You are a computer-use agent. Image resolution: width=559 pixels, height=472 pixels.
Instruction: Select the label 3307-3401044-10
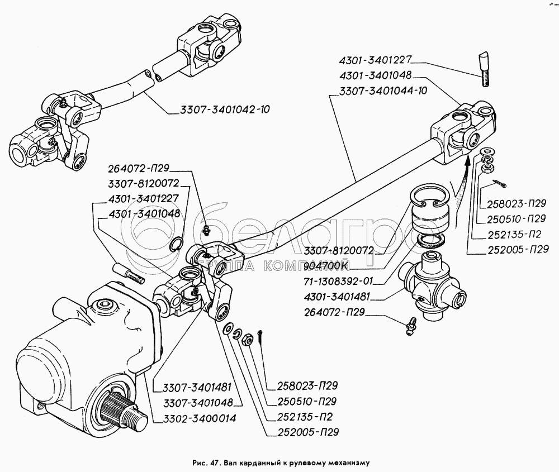tap(381, 92)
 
